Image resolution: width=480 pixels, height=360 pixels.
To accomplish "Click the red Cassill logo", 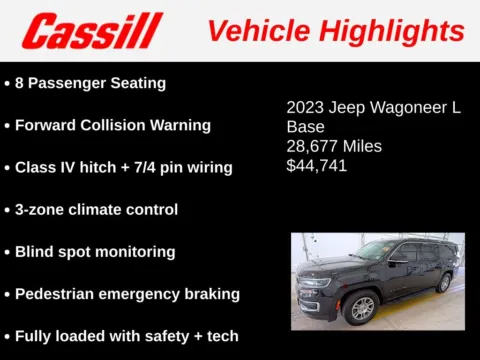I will [x=92, y=30].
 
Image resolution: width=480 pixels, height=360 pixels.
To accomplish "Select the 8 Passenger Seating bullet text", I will [x=90, y=83].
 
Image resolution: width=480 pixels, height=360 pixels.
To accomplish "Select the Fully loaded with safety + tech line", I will [x=126, y=335].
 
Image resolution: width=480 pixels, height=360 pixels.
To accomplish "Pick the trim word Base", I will [x=305, y=127].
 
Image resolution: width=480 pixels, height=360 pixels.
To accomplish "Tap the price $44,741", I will [x=317, y=166].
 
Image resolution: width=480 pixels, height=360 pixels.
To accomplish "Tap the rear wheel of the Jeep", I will [x=443, y=283].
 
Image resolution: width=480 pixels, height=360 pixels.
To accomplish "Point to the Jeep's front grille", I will [x=313, y=291].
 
